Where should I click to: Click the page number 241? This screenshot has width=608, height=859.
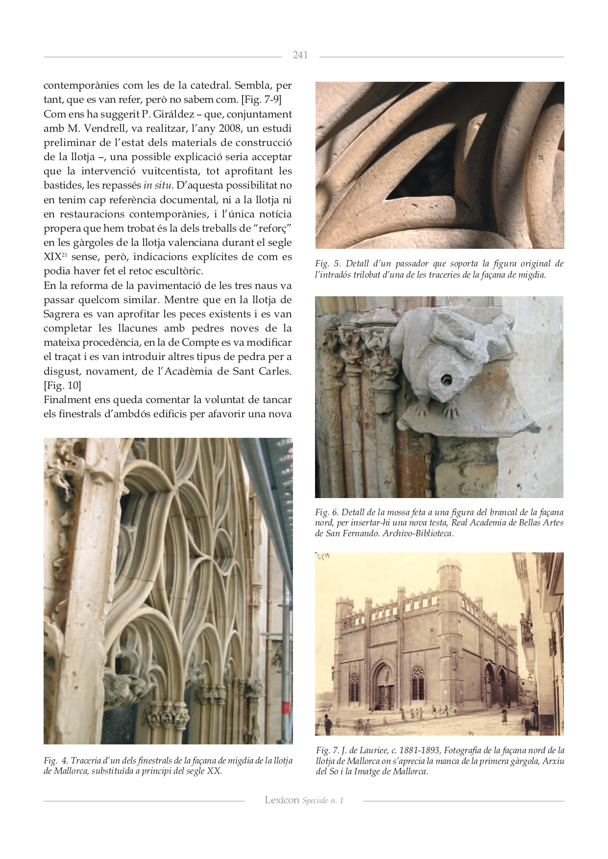[x=300, y=55]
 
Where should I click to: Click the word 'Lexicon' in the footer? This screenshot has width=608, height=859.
[x=282, y=800]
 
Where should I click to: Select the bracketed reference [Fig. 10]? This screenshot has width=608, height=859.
[x=62, y=385]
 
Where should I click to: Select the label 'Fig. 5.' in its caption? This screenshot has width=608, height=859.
[x=328, y=263]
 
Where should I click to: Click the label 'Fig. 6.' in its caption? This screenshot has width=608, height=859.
[x=327, y=512]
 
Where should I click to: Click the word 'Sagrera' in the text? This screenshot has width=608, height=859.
[x=62, y=314]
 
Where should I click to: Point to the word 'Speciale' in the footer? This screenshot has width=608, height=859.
[x=315, y=801]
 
